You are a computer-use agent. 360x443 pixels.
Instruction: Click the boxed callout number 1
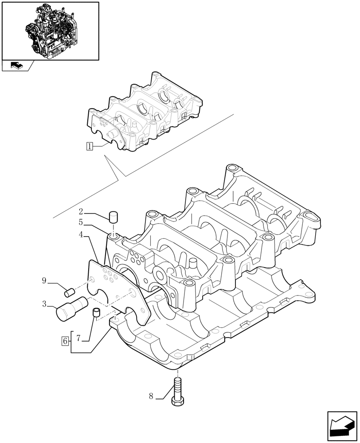tap(90, 146)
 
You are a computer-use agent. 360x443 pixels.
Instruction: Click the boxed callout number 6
tap(65, 341)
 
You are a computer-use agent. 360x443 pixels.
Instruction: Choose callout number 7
tap(78, 339)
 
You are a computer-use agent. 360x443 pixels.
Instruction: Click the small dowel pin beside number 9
tap(69, 292)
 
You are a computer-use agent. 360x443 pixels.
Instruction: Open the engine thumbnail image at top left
tap(50, 31)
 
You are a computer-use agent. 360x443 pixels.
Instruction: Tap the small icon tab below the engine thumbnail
tap(16, 66)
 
